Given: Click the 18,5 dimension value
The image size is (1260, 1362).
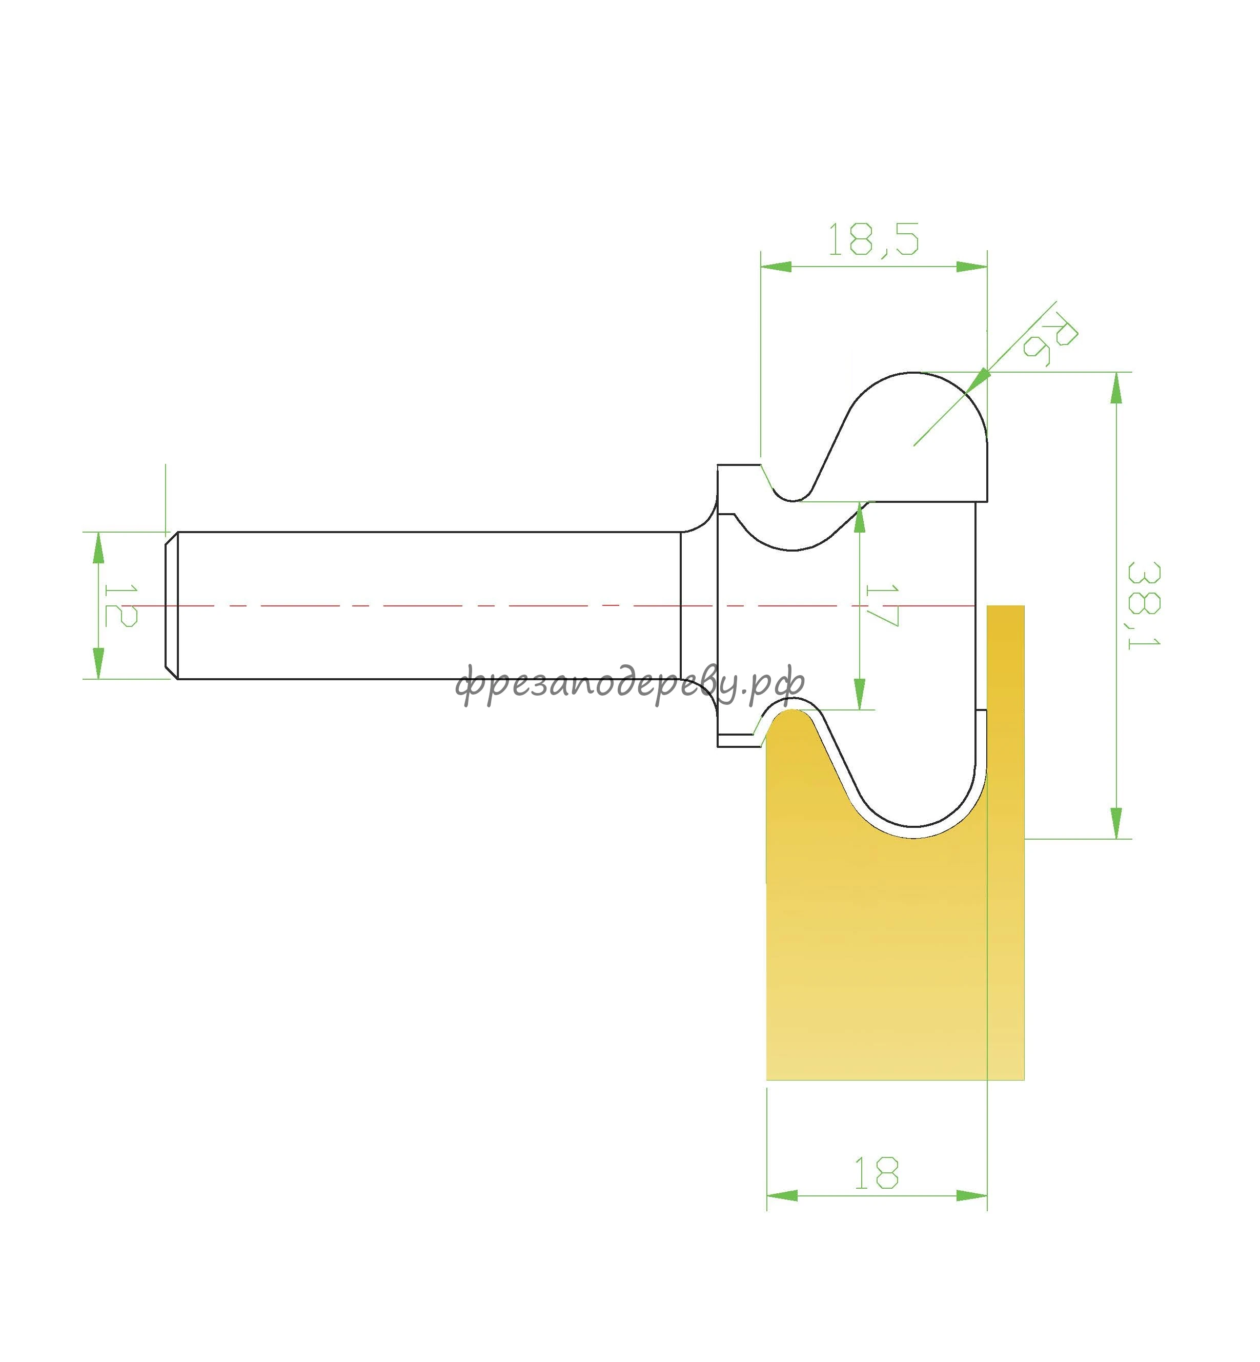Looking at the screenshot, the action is pos(873,239).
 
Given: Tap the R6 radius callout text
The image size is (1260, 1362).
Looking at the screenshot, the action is pos(1050,338).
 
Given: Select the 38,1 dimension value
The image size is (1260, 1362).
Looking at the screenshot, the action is pos(1144,605).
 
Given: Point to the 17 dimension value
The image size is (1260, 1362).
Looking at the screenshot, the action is pos(882,605).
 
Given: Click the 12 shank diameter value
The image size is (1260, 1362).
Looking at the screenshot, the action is pos(120,605).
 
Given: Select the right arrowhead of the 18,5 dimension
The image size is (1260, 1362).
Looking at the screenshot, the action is pos(971,267).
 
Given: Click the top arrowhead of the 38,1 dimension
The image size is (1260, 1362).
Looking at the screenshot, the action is pos(1116,388).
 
